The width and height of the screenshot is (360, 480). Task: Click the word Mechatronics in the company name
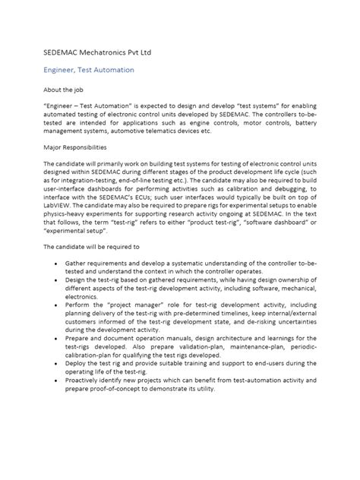tap(103, 52)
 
